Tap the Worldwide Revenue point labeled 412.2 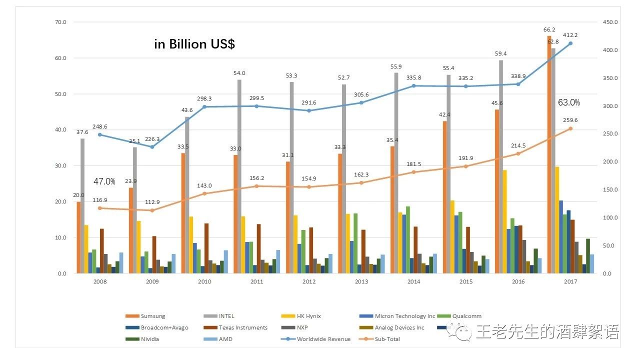(x=570, y=43)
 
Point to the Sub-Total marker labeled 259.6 (x=570, y=128)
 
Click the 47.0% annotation (x=104, y=181)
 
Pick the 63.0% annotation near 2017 (x=569, y=102)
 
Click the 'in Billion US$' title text (x=194, y=44)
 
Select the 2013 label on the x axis (x=361, y=282)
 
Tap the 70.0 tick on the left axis (x=61, y=22)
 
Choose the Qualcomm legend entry (x=466, y=316)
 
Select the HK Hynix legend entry (x=307, y=316)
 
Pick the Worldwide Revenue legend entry (x=323, y=339)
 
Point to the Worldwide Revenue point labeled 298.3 (x=204, y=106)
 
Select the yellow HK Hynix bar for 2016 (x=504, y=221)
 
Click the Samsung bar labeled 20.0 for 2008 (x=78, y=237)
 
